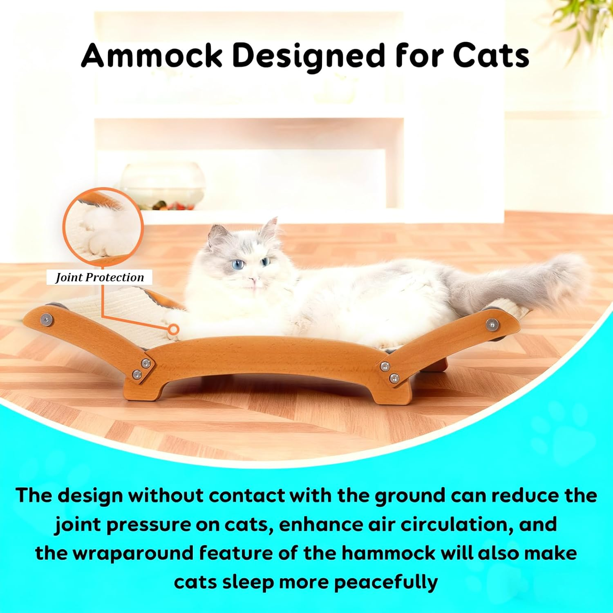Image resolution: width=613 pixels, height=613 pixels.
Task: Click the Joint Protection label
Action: click(x=100, y=277)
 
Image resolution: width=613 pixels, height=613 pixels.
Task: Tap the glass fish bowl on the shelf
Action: click(x=163, y=186)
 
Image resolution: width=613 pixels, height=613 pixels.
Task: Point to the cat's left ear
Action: click(x=218, y=235)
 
